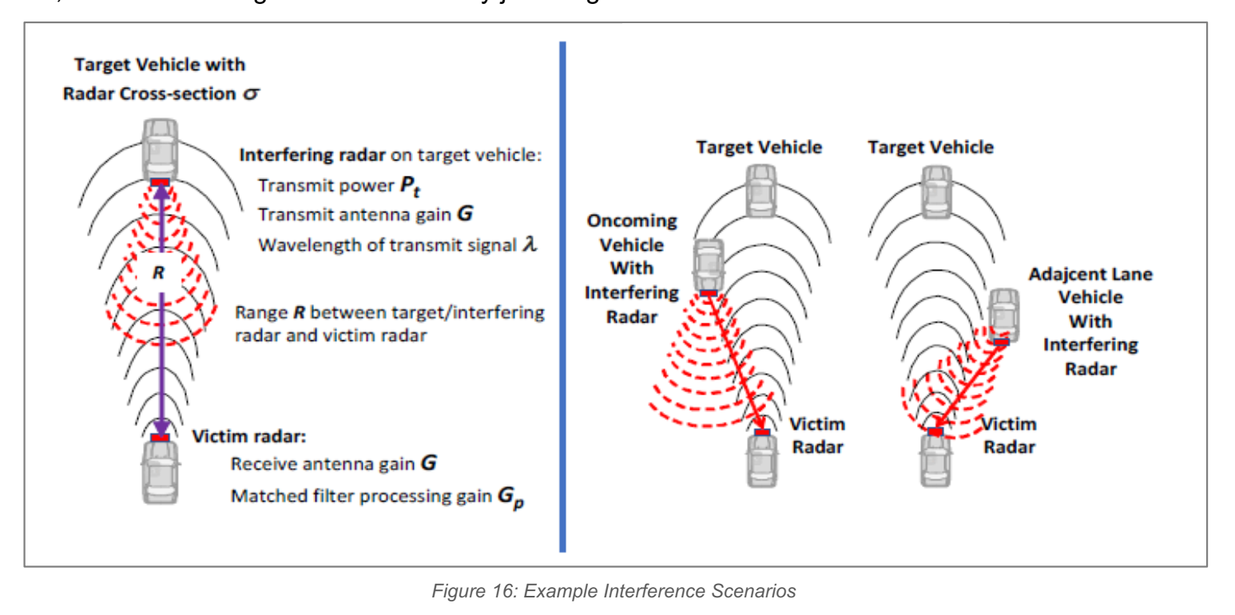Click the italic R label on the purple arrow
point(158,273)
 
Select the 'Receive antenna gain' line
point(334,464)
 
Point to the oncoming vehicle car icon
point(708,264)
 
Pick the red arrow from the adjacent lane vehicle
point(968,386)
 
